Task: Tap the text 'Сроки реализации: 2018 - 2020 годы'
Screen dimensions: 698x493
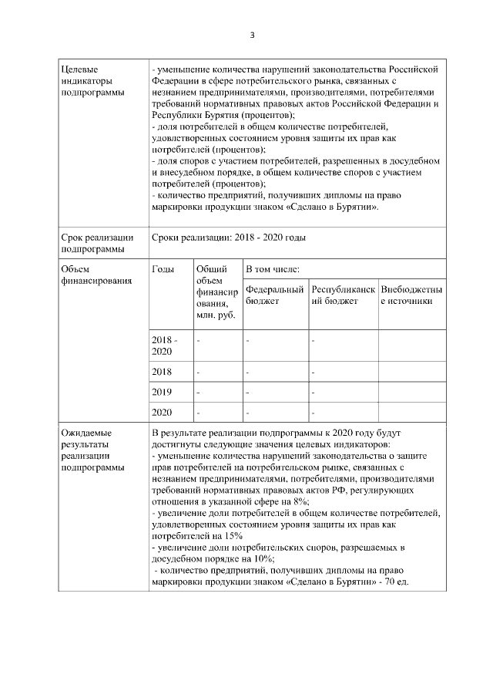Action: pos(229,238)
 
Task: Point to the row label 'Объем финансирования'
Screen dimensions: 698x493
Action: pos(91,275)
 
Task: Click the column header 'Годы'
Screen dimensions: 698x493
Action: pos(163,269)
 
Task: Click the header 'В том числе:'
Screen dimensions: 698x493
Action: pos(273,269)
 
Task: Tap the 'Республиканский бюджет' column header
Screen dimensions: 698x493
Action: pos(343,295)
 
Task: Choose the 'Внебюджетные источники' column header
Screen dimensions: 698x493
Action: pos(411,295)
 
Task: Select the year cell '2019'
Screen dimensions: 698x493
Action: pos(163,392)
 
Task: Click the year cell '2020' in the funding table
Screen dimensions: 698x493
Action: pos(163,413)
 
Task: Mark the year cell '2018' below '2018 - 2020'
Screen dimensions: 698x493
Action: pos(163,372)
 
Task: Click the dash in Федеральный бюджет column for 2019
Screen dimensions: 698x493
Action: pos(248,392)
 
